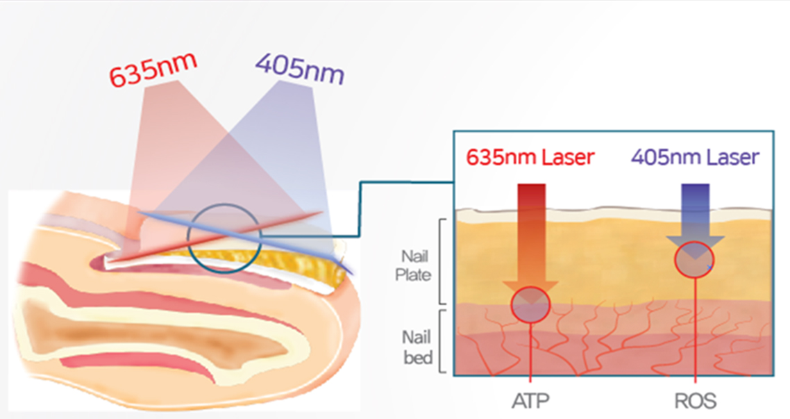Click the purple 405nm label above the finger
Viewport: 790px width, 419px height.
point(301,69)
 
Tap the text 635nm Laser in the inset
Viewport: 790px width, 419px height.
point(530,157)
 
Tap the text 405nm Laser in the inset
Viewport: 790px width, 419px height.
point(696,157)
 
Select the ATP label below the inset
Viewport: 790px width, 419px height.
point(530,402)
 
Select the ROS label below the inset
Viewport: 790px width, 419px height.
point(696,402)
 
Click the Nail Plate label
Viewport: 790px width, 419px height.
point(414,265)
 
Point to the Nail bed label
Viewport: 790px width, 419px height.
point(417,347)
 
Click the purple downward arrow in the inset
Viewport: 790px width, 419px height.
point(696,221)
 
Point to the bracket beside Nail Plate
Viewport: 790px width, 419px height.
point(442,262)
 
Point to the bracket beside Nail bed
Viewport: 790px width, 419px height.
point(442,341)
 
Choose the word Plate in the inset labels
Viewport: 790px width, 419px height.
point(414,275)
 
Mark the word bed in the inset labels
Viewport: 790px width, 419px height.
point(418,357)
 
